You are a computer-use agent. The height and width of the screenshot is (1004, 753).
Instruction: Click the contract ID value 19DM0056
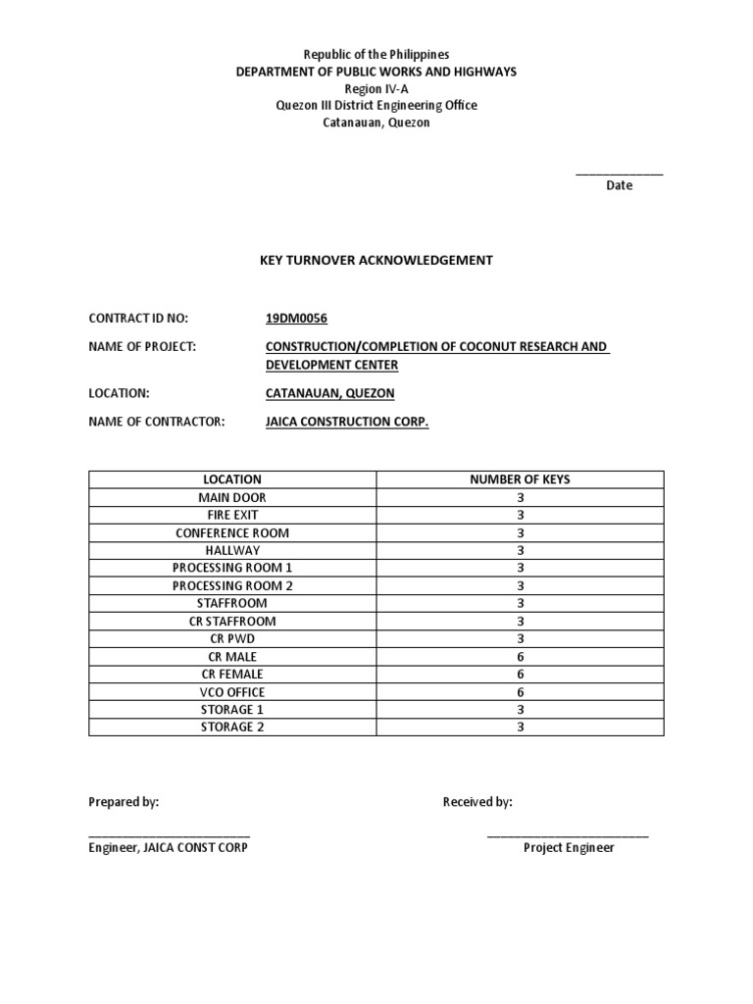click(294, 319)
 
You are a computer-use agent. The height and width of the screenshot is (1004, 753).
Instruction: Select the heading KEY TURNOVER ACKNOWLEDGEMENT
click(376, 260)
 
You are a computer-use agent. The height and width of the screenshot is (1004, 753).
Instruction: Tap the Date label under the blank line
click(619, 185)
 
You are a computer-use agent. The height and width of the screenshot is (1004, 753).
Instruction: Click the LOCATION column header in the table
click(232, 479)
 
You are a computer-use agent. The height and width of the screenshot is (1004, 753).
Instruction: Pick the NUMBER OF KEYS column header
click(520, 479)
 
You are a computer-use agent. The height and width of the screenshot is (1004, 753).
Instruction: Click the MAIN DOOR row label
click(232, 497)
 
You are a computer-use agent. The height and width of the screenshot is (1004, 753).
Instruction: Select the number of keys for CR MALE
click(521, 656)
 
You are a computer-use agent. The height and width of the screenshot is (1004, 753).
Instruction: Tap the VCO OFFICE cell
click(232, 691)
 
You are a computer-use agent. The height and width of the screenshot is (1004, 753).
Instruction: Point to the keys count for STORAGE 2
click(521, 727)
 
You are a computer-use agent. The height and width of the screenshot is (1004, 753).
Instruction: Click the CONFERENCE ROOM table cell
click(232, 532)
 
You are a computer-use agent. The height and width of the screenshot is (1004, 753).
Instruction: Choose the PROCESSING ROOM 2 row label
click(232, 585)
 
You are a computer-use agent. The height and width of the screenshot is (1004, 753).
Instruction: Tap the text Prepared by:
click(124, 802)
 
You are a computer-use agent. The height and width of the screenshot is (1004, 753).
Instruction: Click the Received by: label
click(477, 802)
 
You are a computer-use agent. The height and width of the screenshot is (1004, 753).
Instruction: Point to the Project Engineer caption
click(569, 847)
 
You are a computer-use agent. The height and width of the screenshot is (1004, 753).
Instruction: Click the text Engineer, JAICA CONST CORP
click(169, 847)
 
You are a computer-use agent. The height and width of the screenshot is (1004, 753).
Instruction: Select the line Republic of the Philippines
click(376, 55)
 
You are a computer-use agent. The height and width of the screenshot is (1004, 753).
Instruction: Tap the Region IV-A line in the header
click(376, 88)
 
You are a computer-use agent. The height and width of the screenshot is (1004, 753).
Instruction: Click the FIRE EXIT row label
click(232, 515)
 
